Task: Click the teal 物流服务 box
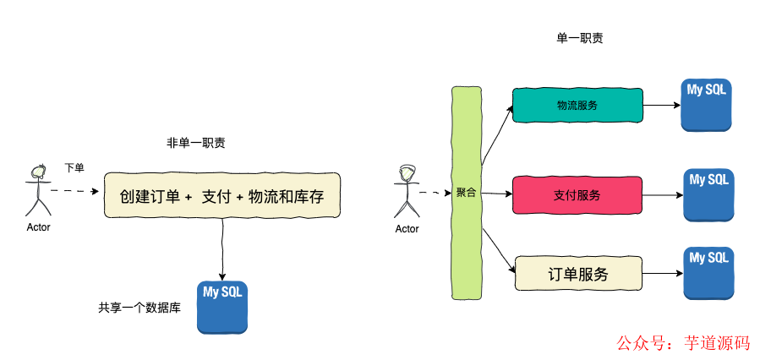tap(577, 105)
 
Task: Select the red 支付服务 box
tap(577, 194)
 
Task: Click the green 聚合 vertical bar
tap(466, 192)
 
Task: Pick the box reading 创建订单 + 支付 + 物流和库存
tap(221, 196)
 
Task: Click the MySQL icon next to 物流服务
tap(707, 105)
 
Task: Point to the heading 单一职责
tap(579, 38)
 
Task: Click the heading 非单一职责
tap(196, 143)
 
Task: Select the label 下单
tap(74, 167)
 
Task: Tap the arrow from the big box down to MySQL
tap(222, 249)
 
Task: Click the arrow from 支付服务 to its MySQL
tap(664, 195)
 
